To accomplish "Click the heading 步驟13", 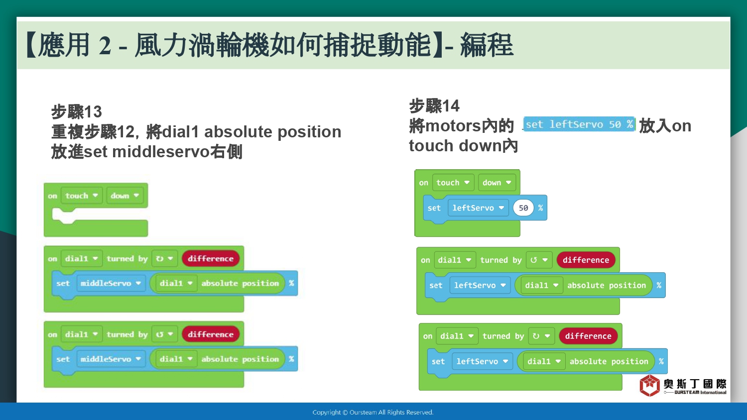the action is click(x=76, y=111).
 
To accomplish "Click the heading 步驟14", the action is click(x=434, y=106).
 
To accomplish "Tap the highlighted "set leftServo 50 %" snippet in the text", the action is click(x=579, y=124).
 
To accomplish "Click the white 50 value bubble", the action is click(x=523, y=208).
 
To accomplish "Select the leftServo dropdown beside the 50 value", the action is click(x=478, y=208).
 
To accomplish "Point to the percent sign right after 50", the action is click(x=540, y=208).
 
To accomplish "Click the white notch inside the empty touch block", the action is click(x=63, y=215).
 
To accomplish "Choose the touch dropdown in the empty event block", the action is click(x=81, y=196).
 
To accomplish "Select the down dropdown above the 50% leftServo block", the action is click(x=497, y=183).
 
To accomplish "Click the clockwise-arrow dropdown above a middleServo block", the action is click(x=164, y=259).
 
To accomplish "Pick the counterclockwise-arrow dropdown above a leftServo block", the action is click(x=539, y=260).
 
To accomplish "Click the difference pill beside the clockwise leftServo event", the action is click(x=588, y=336).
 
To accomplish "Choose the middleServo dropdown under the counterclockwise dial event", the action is click(x=111, y=359).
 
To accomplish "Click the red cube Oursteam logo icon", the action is click(x=649, y=385).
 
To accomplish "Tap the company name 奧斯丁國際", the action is click(x=695, y=384).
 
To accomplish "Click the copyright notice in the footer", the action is click(x=373, y=413).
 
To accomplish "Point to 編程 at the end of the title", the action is click(x=486, y=45).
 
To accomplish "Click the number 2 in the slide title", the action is click(x=105, y=45).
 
